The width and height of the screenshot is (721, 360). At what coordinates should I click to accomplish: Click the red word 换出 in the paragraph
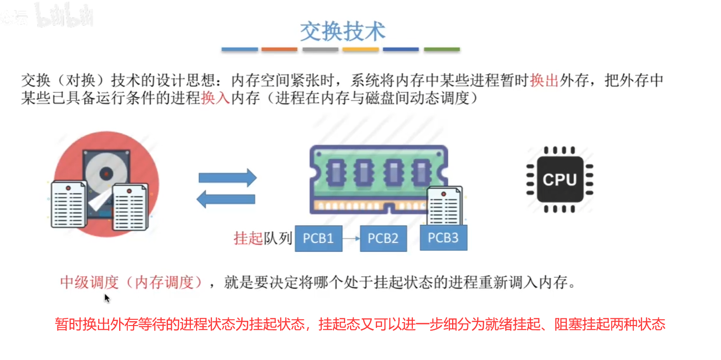coord(544,80)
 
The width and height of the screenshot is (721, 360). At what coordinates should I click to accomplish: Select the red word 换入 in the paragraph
coord(216,98)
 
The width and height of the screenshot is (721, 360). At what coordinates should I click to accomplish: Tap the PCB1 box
coord(318,238)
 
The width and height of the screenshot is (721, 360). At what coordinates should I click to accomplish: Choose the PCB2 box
coord(383,238)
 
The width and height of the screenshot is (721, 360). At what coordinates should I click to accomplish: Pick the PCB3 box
coord(443,237)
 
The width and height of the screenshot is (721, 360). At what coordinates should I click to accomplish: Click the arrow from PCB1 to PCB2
coord(351,238)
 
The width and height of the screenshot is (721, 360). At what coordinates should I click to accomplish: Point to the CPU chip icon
coord(559,180)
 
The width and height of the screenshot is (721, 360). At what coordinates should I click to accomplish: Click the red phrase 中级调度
coord(89,282)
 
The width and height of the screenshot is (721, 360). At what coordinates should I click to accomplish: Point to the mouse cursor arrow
coord(107,298)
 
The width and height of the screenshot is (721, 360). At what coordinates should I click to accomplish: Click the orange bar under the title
coord(279,49)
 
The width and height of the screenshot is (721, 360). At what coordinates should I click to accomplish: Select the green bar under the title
coord(442,49)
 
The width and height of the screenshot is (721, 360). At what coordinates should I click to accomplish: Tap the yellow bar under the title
coord(361,49)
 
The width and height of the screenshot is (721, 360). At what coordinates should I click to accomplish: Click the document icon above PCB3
coord(445,206)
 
